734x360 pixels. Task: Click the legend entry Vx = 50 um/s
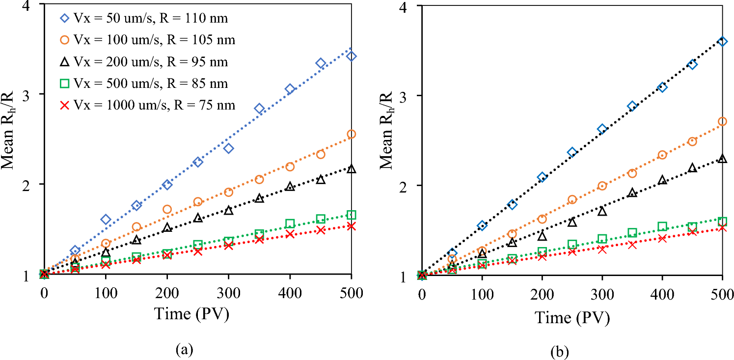click(x=142, y=19)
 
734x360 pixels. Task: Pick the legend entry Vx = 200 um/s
click(x=142, y=62)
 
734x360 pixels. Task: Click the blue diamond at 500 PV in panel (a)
click(x=351, y=56)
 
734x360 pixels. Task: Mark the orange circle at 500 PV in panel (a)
click(x=351, y=134)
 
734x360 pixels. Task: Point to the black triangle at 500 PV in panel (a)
click(x=351, y=169)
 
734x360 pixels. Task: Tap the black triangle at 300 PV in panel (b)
click(x=602, y=211)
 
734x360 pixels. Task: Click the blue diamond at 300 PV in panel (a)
click(x=228, y=148)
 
